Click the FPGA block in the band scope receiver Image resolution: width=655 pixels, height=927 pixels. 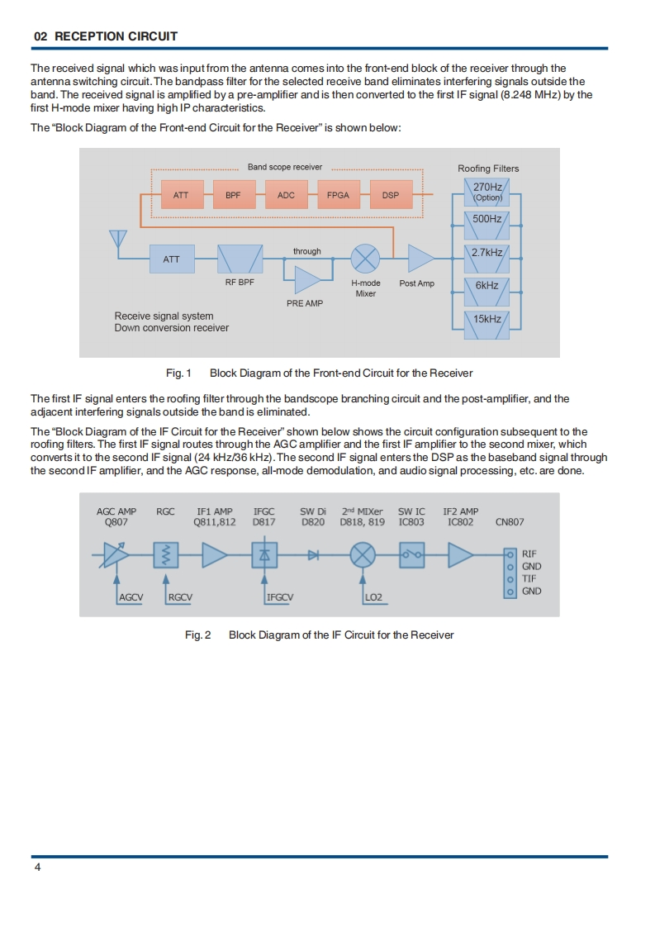338,195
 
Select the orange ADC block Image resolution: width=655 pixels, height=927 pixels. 286,195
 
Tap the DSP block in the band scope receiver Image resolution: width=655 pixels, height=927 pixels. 391,195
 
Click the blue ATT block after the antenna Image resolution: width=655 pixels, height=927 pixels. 171,259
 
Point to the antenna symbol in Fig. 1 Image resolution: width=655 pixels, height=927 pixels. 118,239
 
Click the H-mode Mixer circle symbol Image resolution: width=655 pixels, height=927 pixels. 365,259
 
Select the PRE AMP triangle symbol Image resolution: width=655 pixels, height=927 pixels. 307,279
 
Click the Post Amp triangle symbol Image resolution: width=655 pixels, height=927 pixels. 421,259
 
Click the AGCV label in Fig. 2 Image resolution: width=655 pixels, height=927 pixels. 131,597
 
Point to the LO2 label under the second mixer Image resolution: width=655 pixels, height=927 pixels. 373,597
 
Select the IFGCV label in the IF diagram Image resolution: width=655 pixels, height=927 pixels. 281,597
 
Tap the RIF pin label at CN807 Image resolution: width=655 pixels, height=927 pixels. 529,554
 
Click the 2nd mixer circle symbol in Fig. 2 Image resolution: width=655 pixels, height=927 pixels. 362,556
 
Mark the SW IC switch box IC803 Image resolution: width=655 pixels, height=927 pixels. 411,556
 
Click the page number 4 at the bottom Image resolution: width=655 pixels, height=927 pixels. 37,868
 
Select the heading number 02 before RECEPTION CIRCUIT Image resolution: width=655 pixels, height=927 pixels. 40,36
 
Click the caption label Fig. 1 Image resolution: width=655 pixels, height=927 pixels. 178,373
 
